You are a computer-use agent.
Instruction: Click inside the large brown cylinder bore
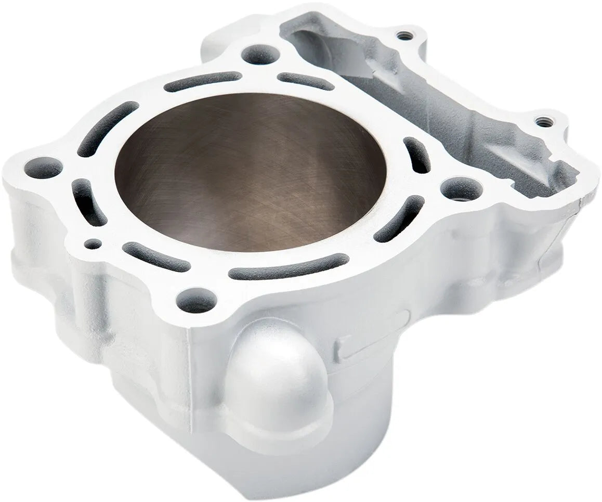tap(250, 172)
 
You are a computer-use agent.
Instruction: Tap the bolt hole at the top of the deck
tap(260, 54)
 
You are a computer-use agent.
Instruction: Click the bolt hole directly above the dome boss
tap(196, 300)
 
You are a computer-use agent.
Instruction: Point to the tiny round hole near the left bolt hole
tap(92, 243)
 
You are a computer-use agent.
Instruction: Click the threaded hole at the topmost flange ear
tap(402, 36)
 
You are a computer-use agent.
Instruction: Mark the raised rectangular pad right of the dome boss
tap(372, 336)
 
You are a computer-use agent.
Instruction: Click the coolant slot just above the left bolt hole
tap(107, 127)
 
